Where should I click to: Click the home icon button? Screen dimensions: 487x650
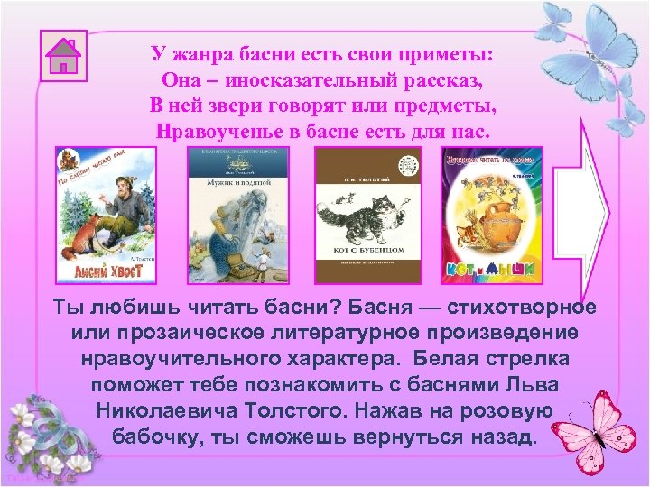pos(64,57)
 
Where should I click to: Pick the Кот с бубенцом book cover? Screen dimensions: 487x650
pos(368,213)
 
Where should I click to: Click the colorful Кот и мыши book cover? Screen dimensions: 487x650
pos(491,213)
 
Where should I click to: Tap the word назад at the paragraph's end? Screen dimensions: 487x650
pos(497,437)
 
